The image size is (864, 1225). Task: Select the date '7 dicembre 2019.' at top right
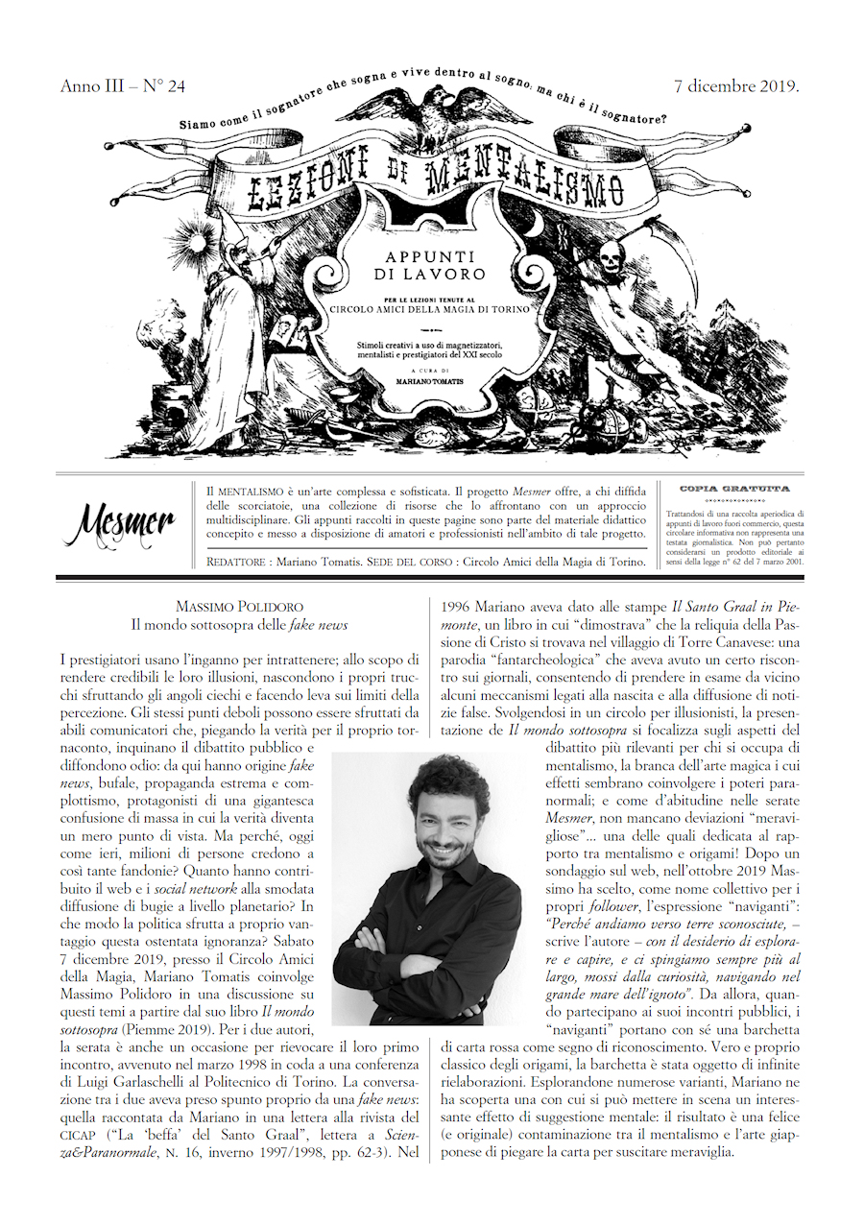tap(737, 85)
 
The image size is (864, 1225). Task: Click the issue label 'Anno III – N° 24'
tap(122, 86)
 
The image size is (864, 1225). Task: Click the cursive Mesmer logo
tap(120, 523)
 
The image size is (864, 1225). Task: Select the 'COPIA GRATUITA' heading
tap(734, 490)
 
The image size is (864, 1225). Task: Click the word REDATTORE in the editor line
tap(239, 561)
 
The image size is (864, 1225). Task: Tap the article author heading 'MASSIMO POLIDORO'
tap(238, 607)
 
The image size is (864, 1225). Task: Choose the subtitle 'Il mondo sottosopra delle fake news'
tap(238, 625)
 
